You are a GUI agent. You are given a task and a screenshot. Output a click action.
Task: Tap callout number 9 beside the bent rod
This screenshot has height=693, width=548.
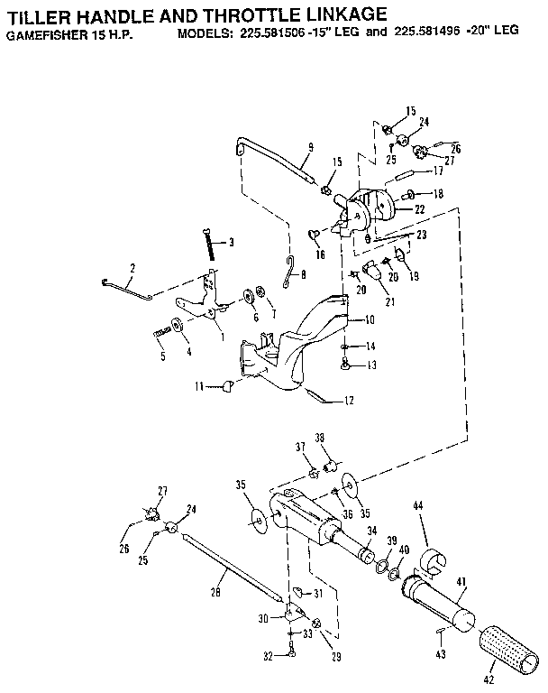coord(310,147)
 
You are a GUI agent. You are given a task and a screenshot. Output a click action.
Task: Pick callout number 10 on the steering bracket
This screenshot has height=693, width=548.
coord(370,319)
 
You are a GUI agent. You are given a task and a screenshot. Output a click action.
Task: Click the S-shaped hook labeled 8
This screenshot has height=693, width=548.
coord(287,271)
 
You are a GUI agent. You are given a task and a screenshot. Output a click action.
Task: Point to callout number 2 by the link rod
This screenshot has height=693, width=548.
coord(132,268)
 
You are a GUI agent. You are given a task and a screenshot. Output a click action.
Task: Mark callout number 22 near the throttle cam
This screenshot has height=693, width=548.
coord(419,210)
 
